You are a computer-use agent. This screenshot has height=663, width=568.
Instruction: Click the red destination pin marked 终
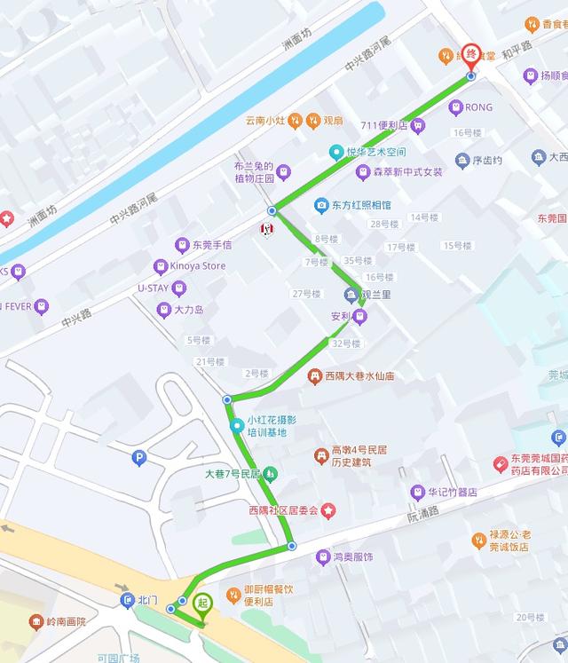(x=472, y=55)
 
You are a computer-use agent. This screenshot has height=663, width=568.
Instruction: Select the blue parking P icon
(x=138, y=458)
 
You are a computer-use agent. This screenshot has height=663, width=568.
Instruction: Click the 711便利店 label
(x=383, y=125)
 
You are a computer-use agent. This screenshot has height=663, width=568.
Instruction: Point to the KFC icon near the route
(x=264, y=229)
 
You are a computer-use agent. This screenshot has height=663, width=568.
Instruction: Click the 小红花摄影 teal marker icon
(x=236, y=426)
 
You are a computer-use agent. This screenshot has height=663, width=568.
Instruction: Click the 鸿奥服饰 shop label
(x=353, y=557)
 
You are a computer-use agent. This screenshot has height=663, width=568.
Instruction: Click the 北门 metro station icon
(x=126, y=601)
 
